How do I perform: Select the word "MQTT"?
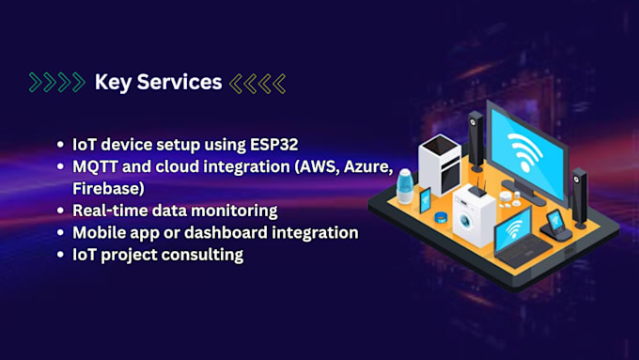(98, 166)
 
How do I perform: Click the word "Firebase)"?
(107, 188)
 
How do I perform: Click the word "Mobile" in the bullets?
(102, 231)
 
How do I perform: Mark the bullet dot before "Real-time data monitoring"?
(61, 211)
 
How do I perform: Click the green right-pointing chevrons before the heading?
(56, 83)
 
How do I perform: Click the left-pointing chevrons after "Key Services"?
(257, 83)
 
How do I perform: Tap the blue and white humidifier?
(406, 185)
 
